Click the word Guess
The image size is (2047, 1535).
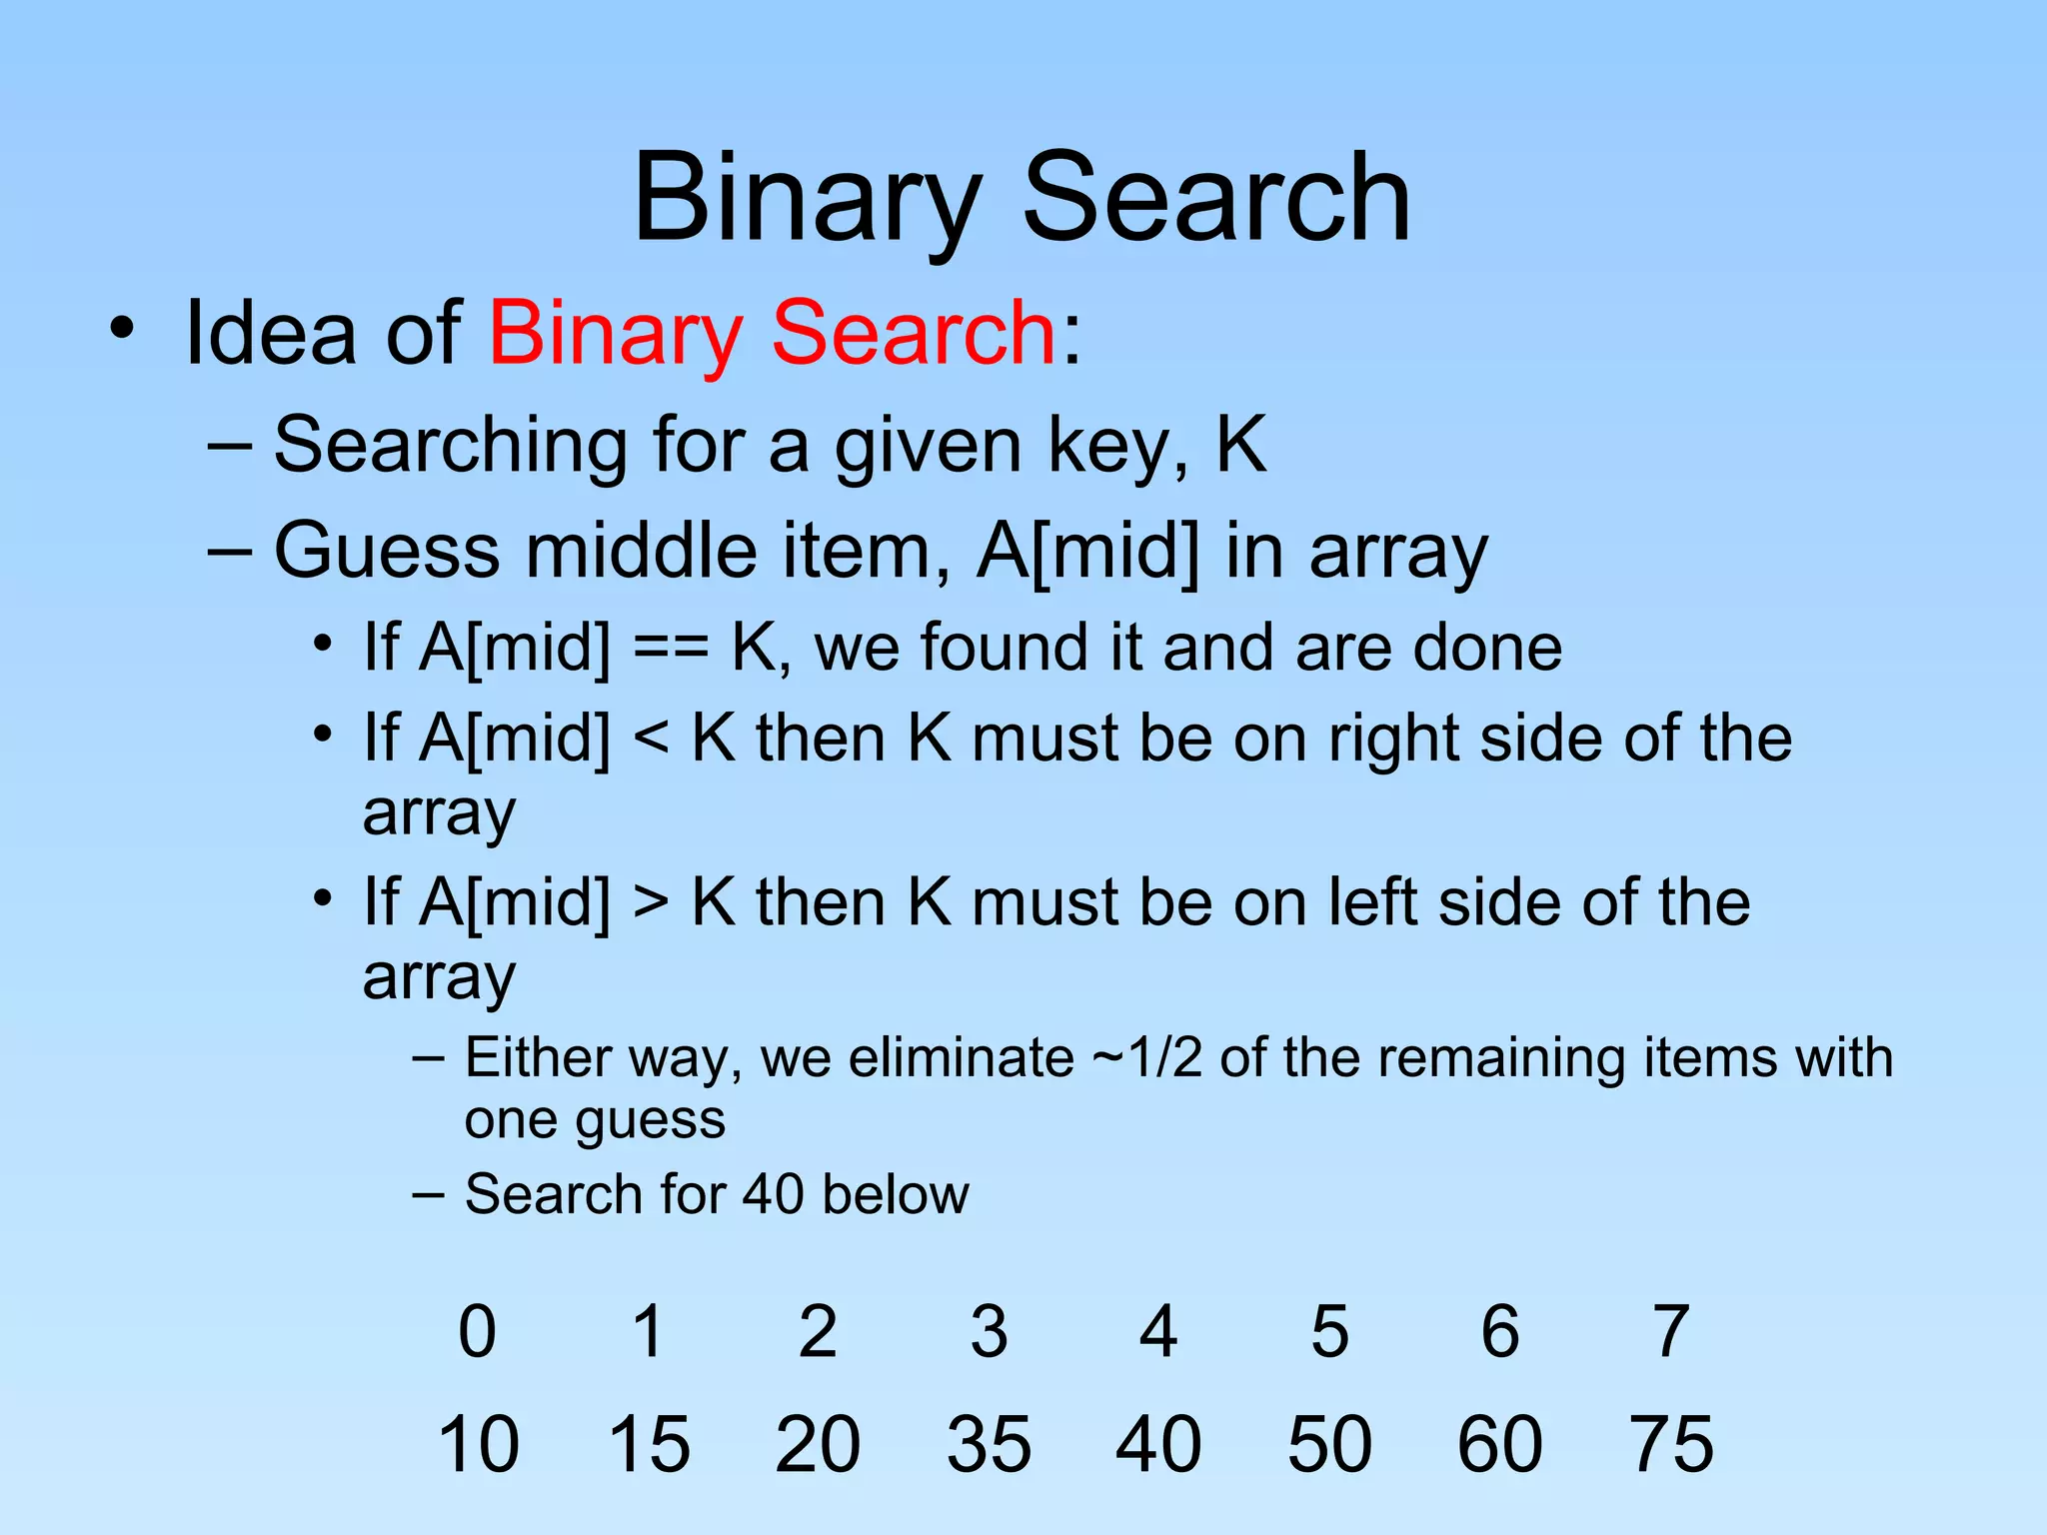click(x=386, y=551)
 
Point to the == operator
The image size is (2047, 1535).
click(x=671, y=649)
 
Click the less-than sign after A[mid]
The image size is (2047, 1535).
click(x=651, y=741)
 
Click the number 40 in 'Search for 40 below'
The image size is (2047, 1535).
click(x=773, y=1194)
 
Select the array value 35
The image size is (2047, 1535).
click(x=989, y=1444)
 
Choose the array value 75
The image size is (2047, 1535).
click(x=1671, y=1444)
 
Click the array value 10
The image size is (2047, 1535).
click(x=478, y=1444)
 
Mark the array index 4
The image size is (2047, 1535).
click(x=1158, y=1332)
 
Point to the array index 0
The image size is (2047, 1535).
click(x=477, y=1332)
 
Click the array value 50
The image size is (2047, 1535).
click(x=1329, y=1444)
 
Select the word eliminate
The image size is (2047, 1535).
click(x=961, y=1058)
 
